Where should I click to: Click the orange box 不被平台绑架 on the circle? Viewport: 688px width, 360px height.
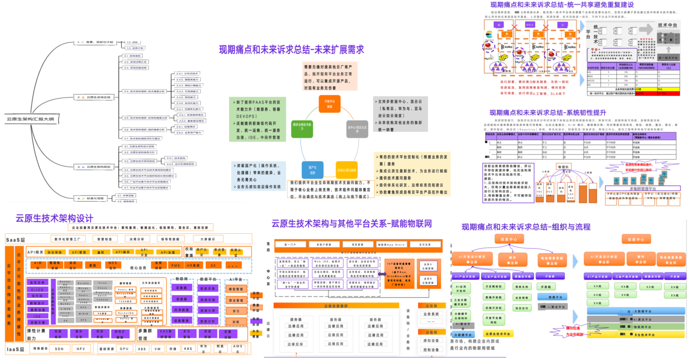click(329, 104)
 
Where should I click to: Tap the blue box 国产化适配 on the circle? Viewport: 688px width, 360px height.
click(312, 170)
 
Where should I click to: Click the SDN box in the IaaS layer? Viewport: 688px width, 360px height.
click(59, 348)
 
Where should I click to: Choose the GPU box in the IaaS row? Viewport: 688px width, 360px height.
click(124, 348)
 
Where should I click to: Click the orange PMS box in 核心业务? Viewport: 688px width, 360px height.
click(176, 265)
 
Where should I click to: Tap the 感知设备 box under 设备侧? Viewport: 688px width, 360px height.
click(431, 340)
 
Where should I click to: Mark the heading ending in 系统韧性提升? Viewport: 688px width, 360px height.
click(548, 113)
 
